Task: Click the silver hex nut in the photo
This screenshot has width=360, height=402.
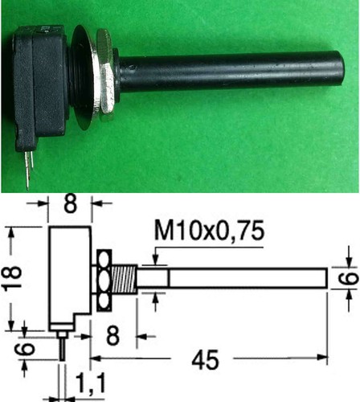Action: (105, 75)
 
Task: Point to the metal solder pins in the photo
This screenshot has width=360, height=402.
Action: (29, 168)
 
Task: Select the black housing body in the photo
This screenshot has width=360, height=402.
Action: (40, 87)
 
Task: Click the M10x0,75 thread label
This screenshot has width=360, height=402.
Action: (210, 231)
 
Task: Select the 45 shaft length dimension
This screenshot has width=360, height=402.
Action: (205, 359)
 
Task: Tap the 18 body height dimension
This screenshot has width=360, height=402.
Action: (12, 277)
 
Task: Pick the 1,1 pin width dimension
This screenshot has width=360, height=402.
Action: (91, 384)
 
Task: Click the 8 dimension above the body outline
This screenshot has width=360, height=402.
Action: (71, 203)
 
